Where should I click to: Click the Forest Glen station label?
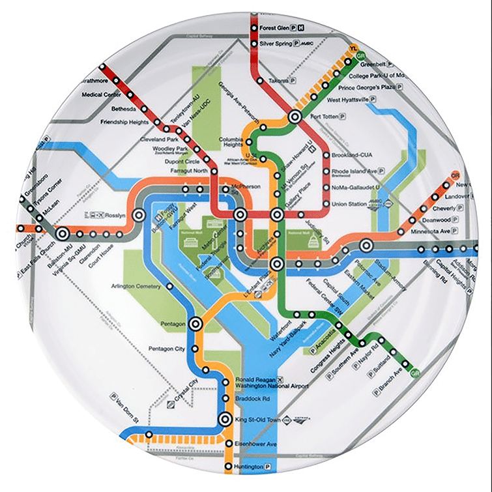click(274, 28)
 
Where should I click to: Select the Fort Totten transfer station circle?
click(295, 117)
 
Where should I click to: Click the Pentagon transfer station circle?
click(196, 323)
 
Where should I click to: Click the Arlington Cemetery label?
click(137, 285)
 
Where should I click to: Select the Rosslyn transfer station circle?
click(138, 214)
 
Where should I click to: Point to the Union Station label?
click(350, 204)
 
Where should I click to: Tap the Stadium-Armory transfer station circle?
click(367, 245)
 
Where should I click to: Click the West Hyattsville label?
click(347, 100)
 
